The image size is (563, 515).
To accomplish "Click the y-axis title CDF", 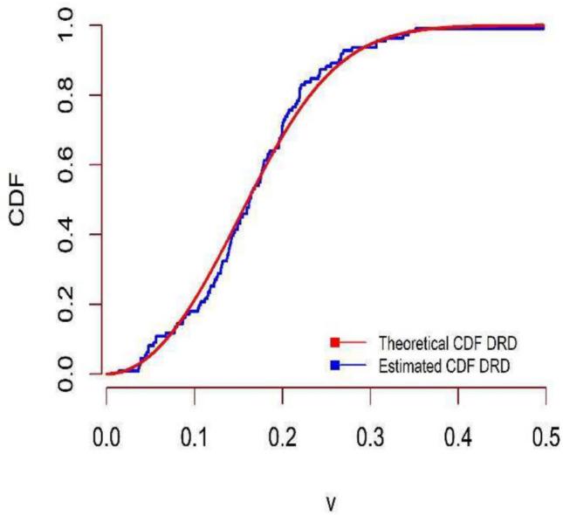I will [x=21, y=199].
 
